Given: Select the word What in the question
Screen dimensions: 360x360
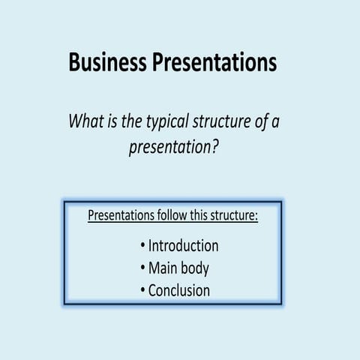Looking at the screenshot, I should pyautogui.click(x=85, y=121).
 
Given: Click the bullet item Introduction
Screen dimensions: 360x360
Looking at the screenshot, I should pyautogui.click(x=183, y=245).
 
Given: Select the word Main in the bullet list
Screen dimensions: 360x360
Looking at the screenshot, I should pyautogui.click(x=164, y=268).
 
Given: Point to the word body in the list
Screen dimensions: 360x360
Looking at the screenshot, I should pyautogui.click(x=196, y=268).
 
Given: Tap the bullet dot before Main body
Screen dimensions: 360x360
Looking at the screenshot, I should pyautogui.click(x=142, y=268).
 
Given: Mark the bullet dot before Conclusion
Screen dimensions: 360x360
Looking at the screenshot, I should pyautogui.click(x=142, y=291).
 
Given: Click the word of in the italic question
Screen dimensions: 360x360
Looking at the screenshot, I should pyautogui.click(x=262, y=121).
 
